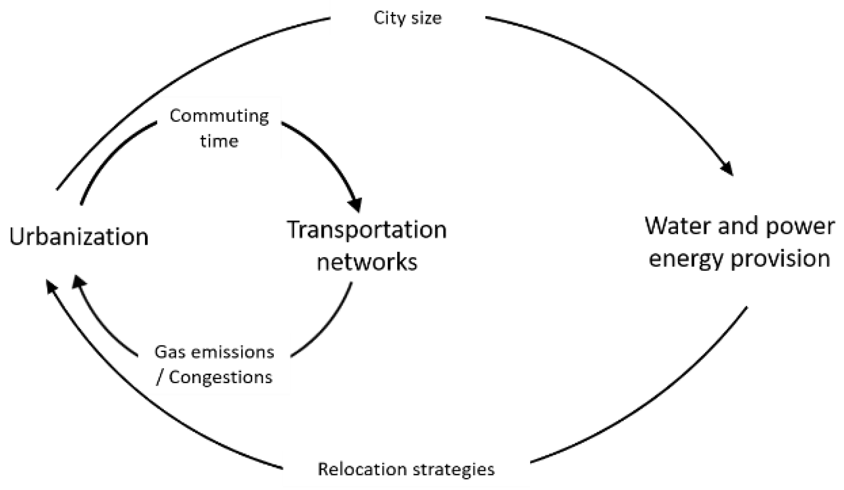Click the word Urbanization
point(79,237)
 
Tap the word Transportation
point(367,230)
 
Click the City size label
point(407,18)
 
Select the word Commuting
point(219,116)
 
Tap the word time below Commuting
point(219,141)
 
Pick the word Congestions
point(221,377)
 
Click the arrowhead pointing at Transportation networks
point(355,204)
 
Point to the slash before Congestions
point(159,378)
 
